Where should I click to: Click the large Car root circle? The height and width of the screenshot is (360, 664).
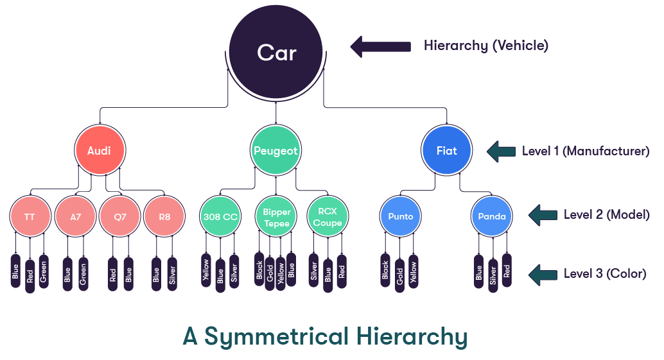(276, 52)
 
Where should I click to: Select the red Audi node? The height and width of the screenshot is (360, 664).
(99, 151)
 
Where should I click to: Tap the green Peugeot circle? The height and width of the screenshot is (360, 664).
(275, 151)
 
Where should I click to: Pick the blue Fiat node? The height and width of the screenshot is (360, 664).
(447, 151)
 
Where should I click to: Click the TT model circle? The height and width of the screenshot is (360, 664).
(30, 217)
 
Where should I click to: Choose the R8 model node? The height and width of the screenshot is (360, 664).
(164, 217)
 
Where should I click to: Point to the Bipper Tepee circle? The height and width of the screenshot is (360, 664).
(276, 217)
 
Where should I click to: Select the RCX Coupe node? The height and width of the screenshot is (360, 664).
(328, 217)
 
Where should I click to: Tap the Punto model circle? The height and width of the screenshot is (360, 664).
(400, 217)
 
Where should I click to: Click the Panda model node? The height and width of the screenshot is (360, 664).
(491, 217)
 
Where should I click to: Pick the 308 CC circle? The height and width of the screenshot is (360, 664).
(220, 217)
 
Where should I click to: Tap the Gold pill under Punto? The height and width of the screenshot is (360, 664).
(399, 273)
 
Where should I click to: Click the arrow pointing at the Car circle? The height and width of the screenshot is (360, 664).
(380, 46)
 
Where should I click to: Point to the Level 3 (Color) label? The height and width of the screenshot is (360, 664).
(604, 274)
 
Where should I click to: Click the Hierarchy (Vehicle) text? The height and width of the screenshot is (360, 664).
(485, 46)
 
